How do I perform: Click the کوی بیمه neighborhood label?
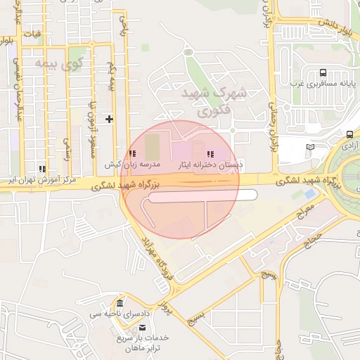point(80,65)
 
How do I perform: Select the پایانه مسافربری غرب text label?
point(322,84)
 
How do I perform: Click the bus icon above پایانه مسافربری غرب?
point(322,72)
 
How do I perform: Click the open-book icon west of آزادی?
point(311,148)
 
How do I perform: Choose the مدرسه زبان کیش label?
point(134,164)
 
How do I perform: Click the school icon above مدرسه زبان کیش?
point(132,153)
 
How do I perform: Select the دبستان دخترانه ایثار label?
point(208,164)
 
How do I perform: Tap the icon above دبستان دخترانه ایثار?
point(209,153)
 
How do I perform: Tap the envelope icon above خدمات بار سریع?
point(143,328)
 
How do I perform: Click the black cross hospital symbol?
point(109,119)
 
